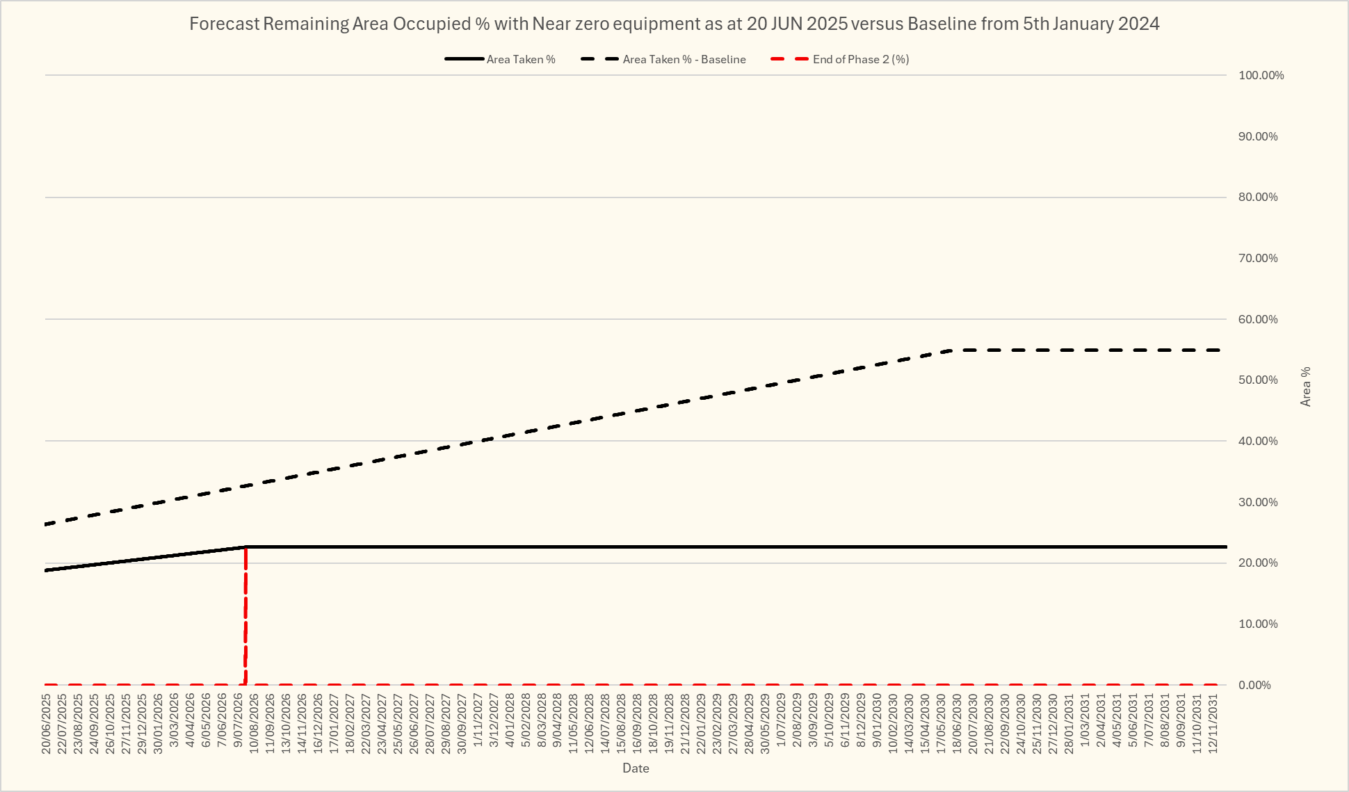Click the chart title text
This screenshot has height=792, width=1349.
click(674, 24)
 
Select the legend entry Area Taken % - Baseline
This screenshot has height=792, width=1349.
click(684, 60)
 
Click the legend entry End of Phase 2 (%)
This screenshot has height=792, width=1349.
click(860, 60)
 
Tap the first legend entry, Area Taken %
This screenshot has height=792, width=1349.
click(520, 60)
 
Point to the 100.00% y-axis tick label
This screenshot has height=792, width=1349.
click(1261, 75)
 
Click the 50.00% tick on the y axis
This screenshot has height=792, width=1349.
click(1258, 380)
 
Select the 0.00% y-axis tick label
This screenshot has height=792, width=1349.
click(1254, 685)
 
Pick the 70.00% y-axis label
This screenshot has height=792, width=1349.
click(1258, 258)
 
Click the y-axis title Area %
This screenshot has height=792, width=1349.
click(1306, 386)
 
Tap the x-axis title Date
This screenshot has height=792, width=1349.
click(636, 768)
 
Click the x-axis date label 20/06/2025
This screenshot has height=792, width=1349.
click(47, 723)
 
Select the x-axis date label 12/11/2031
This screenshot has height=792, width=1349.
click(1213, 723)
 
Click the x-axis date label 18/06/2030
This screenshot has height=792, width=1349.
click(957, 723)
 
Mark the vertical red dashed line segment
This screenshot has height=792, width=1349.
click(245, 619)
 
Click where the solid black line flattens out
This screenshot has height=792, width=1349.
click(246, 547)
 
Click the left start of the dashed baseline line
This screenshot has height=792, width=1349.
click(47, 524)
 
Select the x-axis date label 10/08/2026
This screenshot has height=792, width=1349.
click(254, 723)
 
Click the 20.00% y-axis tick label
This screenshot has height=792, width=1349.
click(1258, 563)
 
